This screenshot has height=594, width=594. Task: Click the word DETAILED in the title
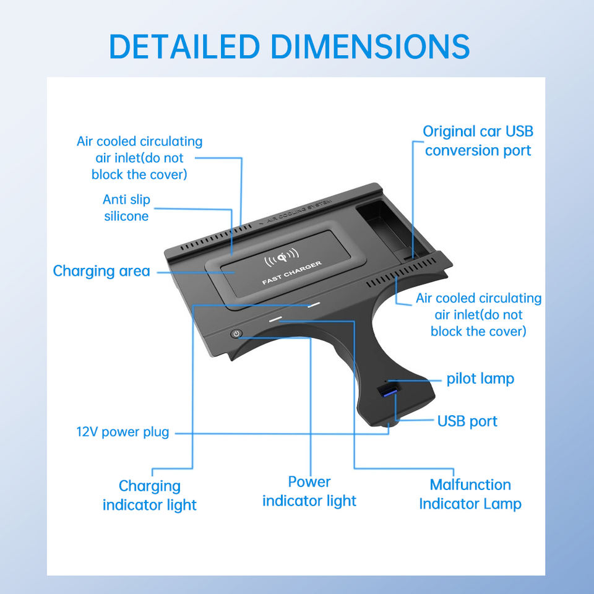(x=184, y=46)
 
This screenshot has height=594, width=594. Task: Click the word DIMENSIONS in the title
(x=370, y=46)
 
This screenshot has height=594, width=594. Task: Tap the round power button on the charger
(x=236, y=334)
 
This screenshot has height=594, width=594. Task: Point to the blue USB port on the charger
(x=387, y=391)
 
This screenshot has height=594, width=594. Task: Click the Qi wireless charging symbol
(x=282, y=255)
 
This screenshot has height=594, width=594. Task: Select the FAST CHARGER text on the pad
(x=291, y=273)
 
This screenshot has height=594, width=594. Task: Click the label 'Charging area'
(x=101, y=271)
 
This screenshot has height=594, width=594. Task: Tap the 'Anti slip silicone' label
(x=126, y=208)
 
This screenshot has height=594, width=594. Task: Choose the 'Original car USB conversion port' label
(x=478, y=141)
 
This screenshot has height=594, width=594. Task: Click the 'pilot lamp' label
(x=480, y=379)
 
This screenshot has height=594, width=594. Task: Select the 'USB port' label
(x=467, y=421)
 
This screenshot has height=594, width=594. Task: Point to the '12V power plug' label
(x=123, y=432)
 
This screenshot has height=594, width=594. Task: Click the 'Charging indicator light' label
(x=150, y=496)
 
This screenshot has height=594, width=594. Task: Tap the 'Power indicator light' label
(x=309, y=491)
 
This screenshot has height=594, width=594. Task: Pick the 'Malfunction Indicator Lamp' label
(x=470, y=494)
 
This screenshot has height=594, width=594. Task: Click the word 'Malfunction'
(x=470, y=484)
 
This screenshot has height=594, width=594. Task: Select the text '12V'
(x=87, y=432)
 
